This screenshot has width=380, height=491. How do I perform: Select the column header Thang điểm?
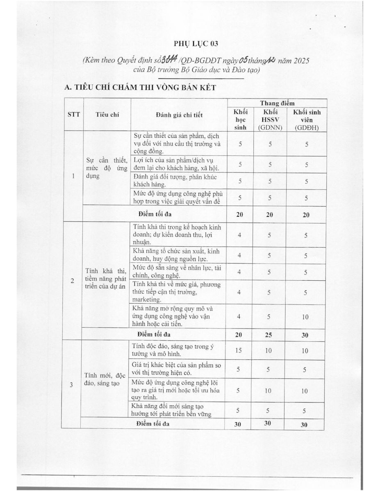(277, 104)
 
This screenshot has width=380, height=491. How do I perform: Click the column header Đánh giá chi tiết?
(179, 115)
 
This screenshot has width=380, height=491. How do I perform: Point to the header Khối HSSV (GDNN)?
(268, 119)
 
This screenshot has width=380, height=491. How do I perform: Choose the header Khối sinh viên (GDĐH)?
(306, 119)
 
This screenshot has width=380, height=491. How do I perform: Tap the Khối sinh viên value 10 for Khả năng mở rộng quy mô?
(305, 317)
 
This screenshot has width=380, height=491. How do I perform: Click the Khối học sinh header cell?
(240, 119)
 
